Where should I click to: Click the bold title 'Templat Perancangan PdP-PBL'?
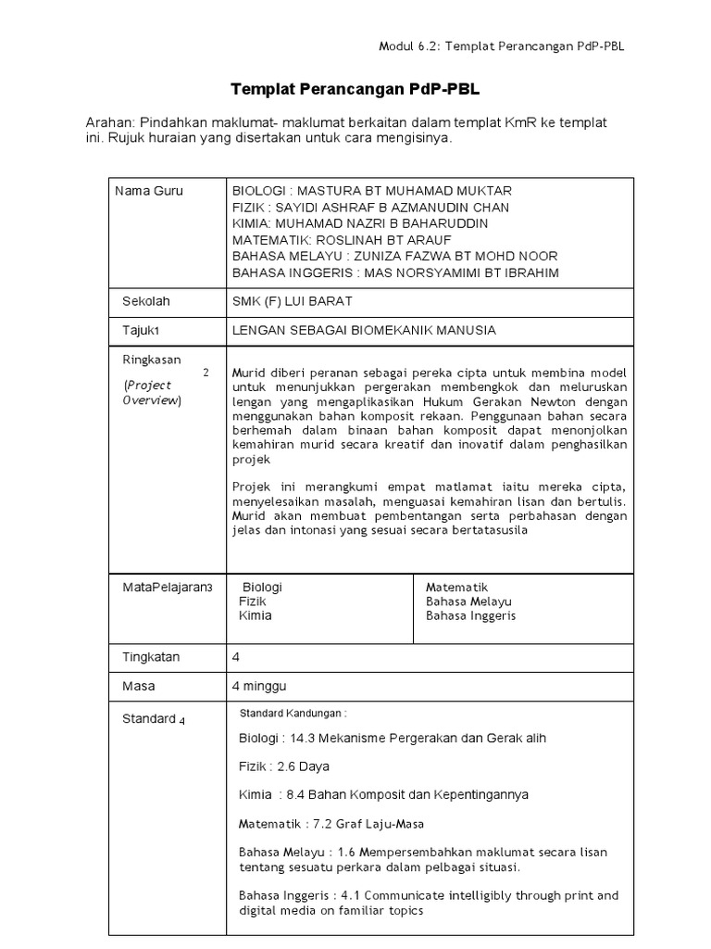pos(355,89)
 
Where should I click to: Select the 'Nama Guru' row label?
pos(149,191)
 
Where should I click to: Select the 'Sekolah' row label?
pos(146,301)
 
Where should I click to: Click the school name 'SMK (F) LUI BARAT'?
pos(292,301)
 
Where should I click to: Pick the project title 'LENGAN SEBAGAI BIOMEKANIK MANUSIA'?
pos(364,330)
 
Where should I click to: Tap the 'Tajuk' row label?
pos(142,330)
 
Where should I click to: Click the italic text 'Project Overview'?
pos(153,392)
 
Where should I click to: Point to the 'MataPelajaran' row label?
pos(167,588)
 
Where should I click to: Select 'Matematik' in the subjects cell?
pos(456,588)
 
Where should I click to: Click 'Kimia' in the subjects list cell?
pos(256,615)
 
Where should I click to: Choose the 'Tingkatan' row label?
pos(152,657)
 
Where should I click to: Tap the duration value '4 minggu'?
pos(258,687)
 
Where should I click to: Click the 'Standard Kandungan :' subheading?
pos(293,714)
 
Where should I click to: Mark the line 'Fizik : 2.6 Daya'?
pos(283,766)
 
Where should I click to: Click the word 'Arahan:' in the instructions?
pos(109,123)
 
